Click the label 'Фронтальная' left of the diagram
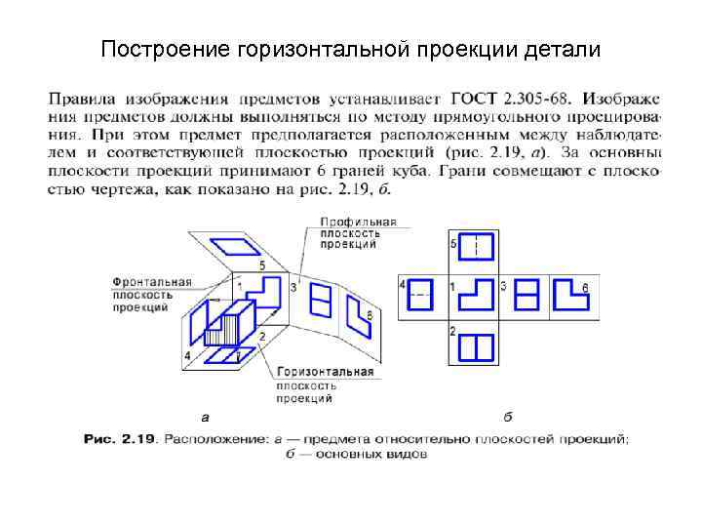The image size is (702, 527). pos(150,281)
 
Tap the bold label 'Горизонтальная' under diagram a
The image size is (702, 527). pos(325,372)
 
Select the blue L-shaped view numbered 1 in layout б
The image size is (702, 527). pos(476,293)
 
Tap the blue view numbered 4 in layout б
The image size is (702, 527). pos(420,292)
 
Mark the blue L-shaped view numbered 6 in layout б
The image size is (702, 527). pos(572,293)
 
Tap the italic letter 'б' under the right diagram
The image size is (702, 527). pos(508,417)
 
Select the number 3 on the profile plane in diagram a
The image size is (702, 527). pos(293,288)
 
